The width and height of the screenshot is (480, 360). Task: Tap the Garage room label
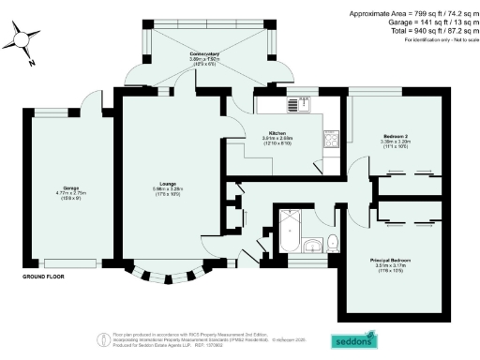(x=70, y=187)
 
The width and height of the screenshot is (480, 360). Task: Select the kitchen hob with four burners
(x=332, y=141)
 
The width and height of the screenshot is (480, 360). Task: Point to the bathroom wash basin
(x=312, y=247)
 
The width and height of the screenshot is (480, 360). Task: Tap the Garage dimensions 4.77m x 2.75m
(x=70, y=193)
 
